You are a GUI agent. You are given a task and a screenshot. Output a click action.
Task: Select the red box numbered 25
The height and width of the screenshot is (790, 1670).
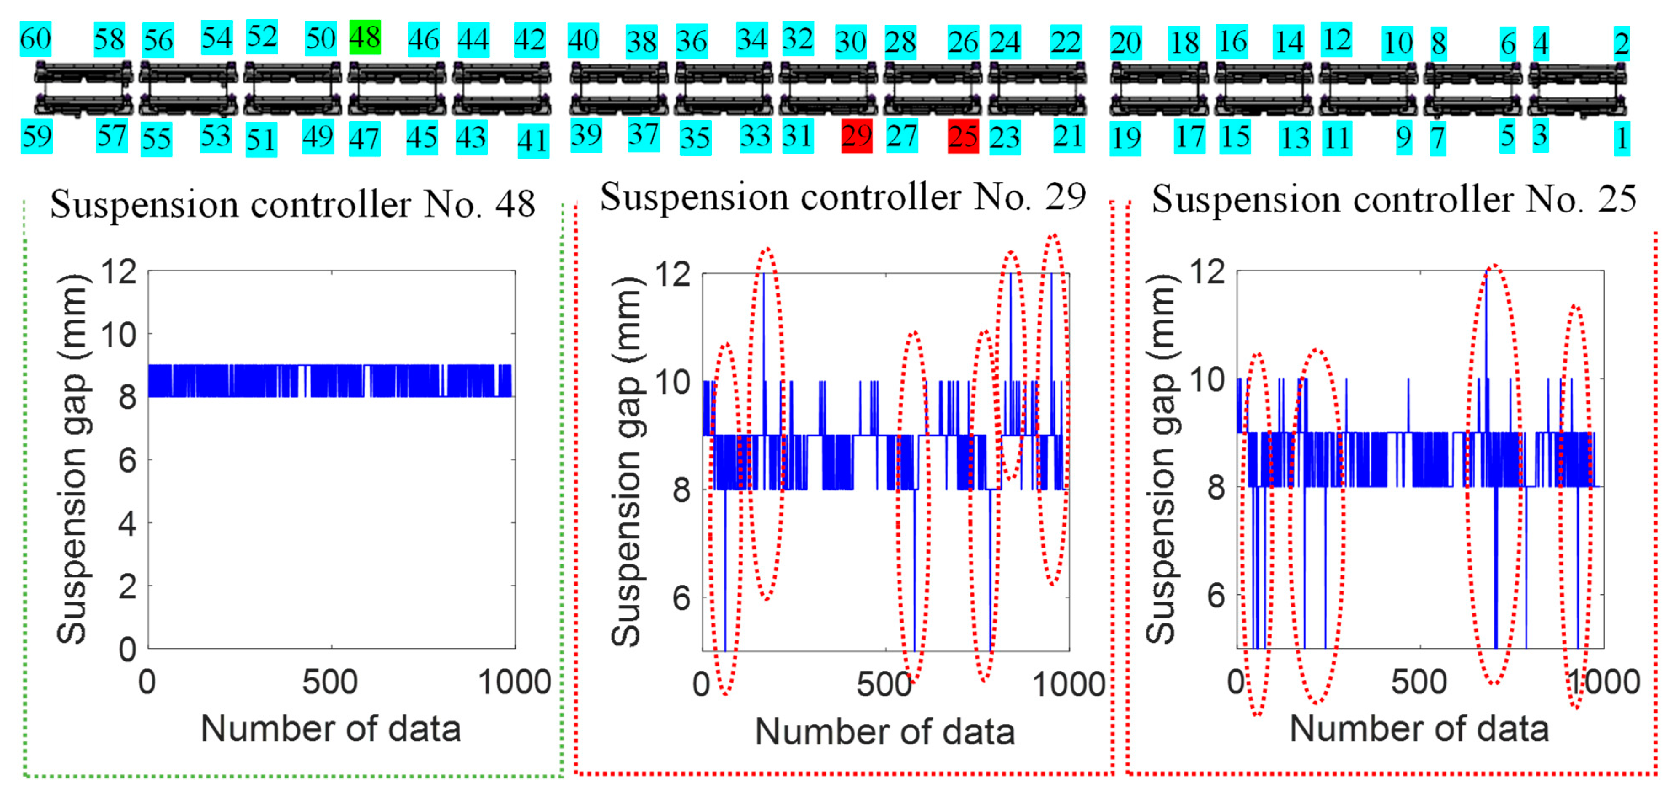pos(963,137)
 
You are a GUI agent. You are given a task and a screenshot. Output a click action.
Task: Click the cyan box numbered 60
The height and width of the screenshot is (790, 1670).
pos(36,39)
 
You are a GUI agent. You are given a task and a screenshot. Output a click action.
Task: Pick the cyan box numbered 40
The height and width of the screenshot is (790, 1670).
pos(583,41)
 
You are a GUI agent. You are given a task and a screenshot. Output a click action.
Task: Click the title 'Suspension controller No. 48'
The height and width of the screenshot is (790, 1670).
pos(293,204)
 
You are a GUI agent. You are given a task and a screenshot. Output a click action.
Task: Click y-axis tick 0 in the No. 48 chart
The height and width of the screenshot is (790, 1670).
pos(127,649)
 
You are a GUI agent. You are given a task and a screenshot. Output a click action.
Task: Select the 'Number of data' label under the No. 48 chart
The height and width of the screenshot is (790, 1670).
pos(331,728)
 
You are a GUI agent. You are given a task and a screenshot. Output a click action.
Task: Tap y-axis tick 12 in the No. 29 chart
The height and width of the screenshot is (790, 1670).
pos(673,274)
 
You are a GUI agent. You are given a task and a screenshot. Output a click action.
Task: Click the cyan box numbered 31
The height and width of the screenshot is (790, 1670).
pos(797,136)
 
